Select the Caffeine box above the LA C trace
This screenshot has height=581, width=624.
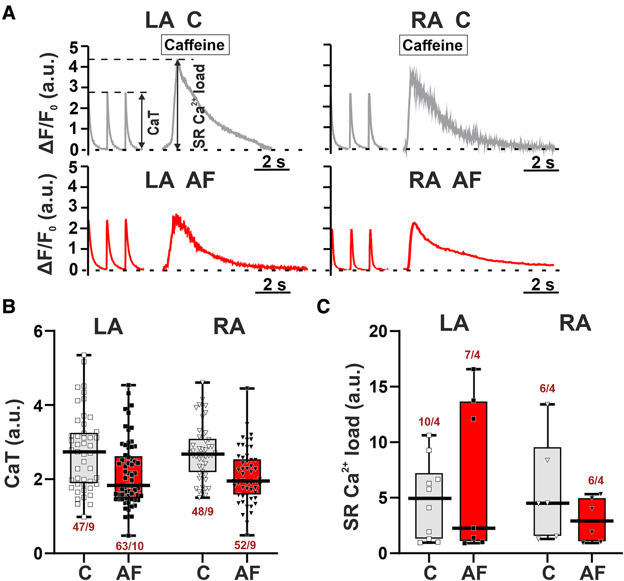195,45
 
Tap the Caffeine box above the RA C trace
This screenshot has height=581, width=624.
433,46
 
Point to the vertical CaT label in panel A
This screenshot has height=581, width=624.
153,122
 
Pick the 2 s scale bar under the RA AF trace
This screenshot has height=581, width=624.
541,292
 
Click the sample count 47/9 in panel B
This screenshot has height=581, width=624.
83,527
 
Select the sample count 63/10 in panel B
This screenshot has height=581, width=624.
129,546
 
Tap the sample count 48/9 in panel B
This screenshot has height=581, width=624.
202,512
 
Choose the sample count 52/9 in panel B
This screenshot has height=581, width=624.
245,545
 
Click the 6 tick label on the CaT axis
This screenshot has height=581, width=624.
39,332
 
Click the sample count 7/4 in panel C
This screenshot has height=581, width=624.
472,355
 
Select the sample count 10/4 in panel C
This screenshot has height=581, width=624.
429,422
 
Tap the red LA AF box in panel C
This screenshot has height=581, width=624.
474,471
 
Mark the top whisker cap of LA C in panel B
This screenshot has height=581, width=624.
84,355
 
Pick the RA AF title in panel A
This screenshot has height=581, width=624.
445,180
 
